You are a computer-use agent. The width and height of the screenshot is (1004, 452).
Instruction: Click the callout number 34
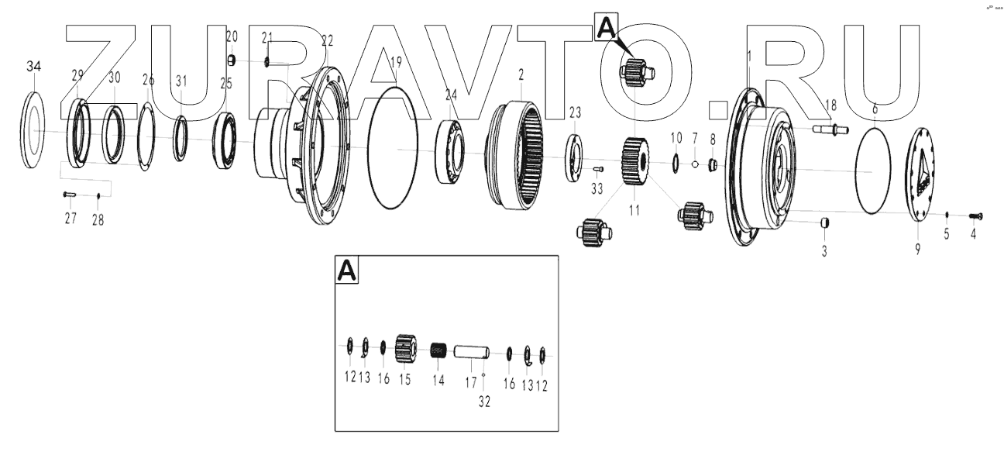(x=33, y=67)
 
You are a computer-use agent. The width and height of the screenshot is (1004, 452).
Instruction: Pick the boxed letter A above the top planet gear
(x=605, y=29)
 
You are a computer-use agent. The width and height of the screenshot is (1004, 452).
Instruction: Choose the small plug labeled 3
(x=825, y=224)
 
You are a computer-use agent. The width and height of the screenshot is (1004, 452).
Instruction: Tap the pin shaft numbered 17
(x=470, y=353)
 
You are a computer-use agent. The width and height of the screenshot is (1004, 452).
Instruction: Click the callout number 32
(x=484, y=401)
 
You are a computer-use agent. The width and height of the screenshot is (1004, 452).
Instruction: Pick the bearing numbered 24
(x=452, y=152)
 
